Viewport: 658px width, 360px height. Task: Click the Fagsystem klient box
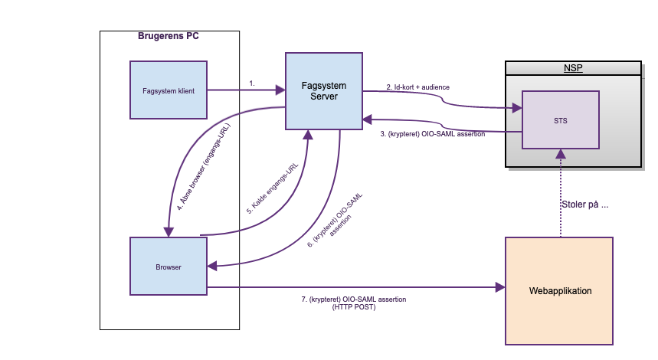coord(169,90)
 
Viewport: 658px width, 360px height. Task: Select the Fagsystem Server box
coord(323,90)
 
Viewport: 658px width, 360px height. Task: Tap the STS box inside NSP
coord(561,119)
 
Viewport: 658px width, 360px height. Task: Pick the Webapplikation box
coord(560,291)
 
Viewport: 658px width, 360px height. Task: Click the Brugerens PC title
coord(169,36)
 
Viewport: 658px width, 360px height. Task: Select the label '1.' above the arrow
coord(252,82)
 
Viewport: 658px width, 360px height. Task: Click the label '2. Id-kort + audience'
coord(417,87)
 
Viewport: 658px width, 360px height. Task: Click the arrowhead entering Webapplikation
coord(500,287)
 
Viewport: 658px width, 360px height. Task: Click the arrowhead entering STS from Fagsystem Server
coord(516,109)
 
